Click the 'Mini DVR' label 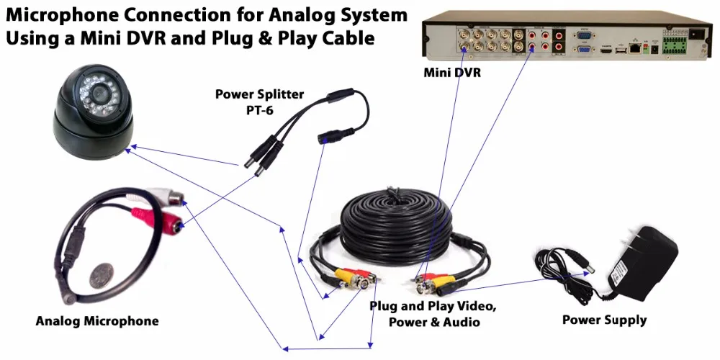click(x=451, y=73)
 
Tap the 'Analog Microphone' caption click(x=97, y=320)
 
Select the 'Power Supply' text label click(x=604, y=320)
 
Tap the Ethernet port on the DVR click(x=634, y=48)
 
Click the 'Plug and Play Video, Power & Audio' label click(x=433, y=314)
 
